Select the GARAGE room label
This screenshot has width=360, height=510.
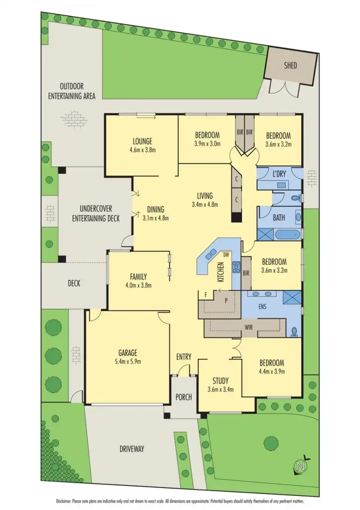tap(127, 352)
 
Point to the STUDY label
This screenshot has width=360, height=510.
tap(220, 381)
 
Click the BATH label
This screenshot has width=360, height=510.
tap(279, 218)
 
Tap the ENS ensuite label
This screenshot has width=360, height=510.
tap(262, 306)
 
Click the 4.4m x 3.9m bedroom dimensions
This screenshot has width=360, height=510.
tap(271, 372)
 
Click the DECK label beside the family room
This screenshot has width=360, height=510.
tap(74, 283)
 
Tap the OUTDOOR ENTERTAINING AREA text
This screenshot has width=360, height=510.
tap(72, 91)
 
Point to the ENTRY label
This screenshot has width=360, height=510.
tap(183, 357)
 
